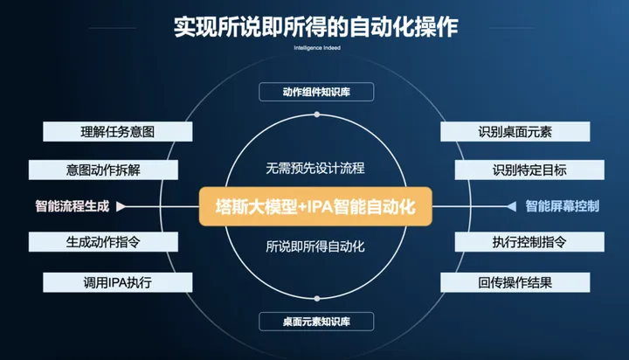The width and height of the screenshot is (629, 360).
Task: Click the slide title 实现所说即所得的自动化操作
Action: (314, 27)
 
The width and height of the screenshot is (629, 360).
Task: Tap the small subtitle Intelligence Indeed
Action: (314, 49)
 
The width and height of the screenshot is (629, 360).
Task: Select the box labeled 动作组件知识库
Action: (316, 92)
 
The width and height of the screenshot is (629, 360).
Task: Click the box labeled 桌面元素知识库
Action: (316, 322)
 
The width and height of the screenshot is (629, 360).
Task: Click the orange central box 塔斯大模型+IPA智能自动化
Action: (315, 207)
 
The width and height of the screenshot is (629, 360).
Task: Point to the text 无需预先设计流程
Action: (315, 167)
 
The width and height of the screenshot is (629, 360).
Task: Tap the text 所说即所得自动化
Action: (315, 246)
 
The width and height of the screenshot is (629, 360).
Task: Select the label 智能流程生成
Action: (73, 206)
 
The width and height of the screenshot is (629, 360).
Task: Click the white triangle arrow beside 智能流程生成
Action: (121, 207)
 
